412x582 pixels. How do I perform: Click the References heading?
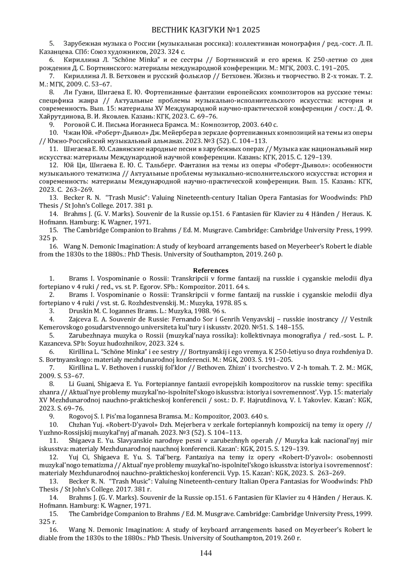pos(210,270)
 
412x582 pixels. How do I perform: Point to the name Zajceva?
pos(80,319)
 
